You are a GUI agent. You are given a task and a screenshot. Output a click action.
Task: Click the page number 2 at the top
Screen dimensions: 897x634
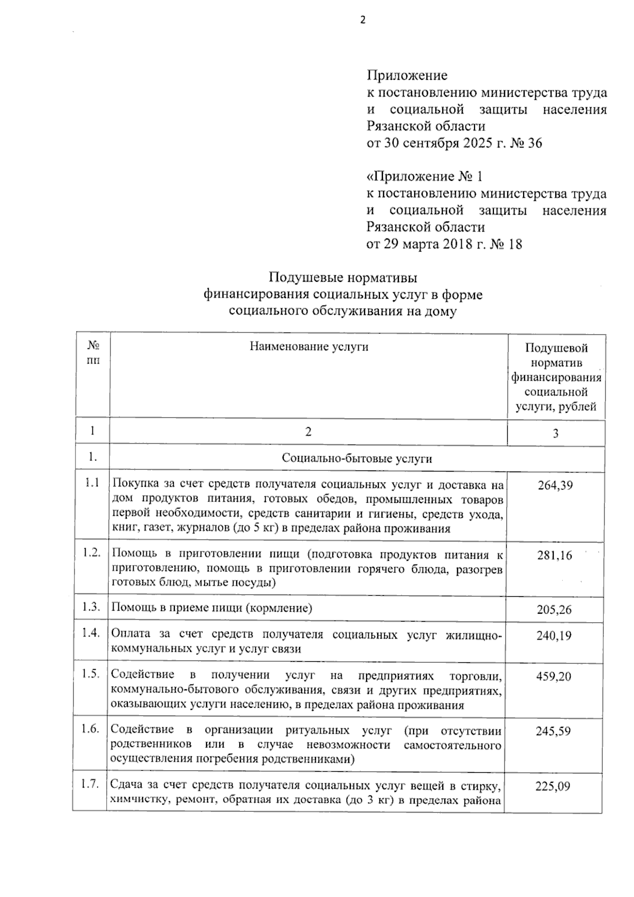(362, 21)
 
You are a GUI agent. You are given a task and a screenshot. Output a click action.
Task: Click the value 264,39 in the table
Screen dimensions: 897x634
(555, 485)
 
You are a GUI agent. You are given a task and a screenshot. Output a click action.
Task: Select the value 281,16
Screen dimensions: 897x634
(555, 556)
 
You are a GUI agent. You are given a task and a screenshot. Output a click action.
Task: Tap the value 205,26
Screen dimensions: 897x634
(554, 609)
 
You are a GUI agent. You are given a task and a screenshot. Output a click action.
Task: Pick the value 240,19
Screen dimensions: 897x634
(554, 635)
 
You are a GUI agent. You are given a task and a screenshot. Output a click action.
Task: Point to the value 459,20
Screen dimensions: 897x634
(554, 677)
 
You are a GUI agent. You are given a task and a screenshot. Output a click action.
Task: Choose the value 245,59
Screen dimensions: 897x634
(554, 732)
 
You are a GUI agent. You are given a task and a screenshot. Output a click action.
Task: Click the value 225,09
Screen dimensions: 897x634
(553, 786)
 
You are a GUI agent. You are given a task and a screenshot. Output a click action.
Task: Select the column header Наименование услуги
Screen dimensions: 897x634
(309, 347)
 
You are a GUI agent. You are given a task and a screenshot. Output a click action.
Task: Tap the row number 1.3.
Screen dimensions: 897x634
(91, 607)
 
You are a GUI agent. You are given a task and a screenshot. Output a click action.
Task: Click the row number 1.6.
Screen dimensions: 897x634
(90, 729)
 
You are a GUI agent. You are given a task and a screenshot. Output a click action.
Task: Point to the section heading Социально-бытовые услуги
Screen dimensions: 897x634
(357, 458)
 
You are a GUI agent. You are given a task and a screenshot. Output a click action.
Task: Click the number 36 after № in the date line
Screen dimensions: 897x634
(534, 143)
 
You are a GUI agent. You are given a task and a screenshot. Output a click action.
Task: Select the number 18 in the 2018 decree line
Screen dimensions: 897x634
(515, 244)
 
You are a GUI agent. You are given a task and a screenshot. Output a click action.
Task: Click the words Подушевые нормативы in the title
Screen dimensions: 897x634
(343, 278)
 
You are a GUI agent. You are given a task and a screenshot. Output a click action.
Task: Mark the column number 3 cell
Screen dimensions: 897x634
(556, 433)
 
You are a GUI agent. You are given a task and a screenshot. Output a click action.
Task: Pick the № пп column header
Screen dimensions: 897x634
(93, 353)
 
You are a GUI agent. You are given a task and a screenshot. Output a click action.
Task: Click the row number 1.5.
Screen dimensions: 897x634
(91, 674)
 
